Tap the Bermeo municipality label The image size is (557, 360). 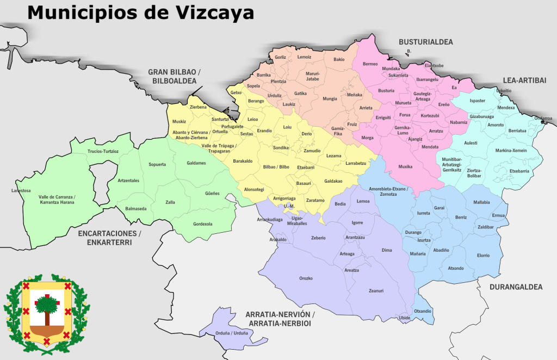[370, 64]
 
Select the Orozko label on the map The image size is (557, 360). [306, 278]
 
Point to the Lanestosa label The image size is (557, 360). [21, 190]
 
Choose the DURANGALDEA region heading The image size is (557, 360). [516, 287]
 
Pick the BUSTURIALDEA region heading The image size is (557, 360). [426, 42]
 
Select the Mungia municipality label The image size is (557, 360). [330, 99]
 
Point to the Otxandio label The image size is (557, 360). [423, 311]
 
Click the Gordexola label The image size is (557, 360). [203, 224]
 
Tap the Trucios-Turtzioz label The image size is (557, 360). [103, 151]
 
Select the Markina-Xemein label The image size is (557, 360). [510, 150]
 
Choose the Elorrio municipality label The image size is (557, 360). [483, 255]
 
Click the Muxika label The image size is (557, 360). [405, 166]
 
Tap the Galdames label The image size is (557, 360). [196, 163]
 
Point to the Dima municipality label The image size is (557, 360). [387, 250]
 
